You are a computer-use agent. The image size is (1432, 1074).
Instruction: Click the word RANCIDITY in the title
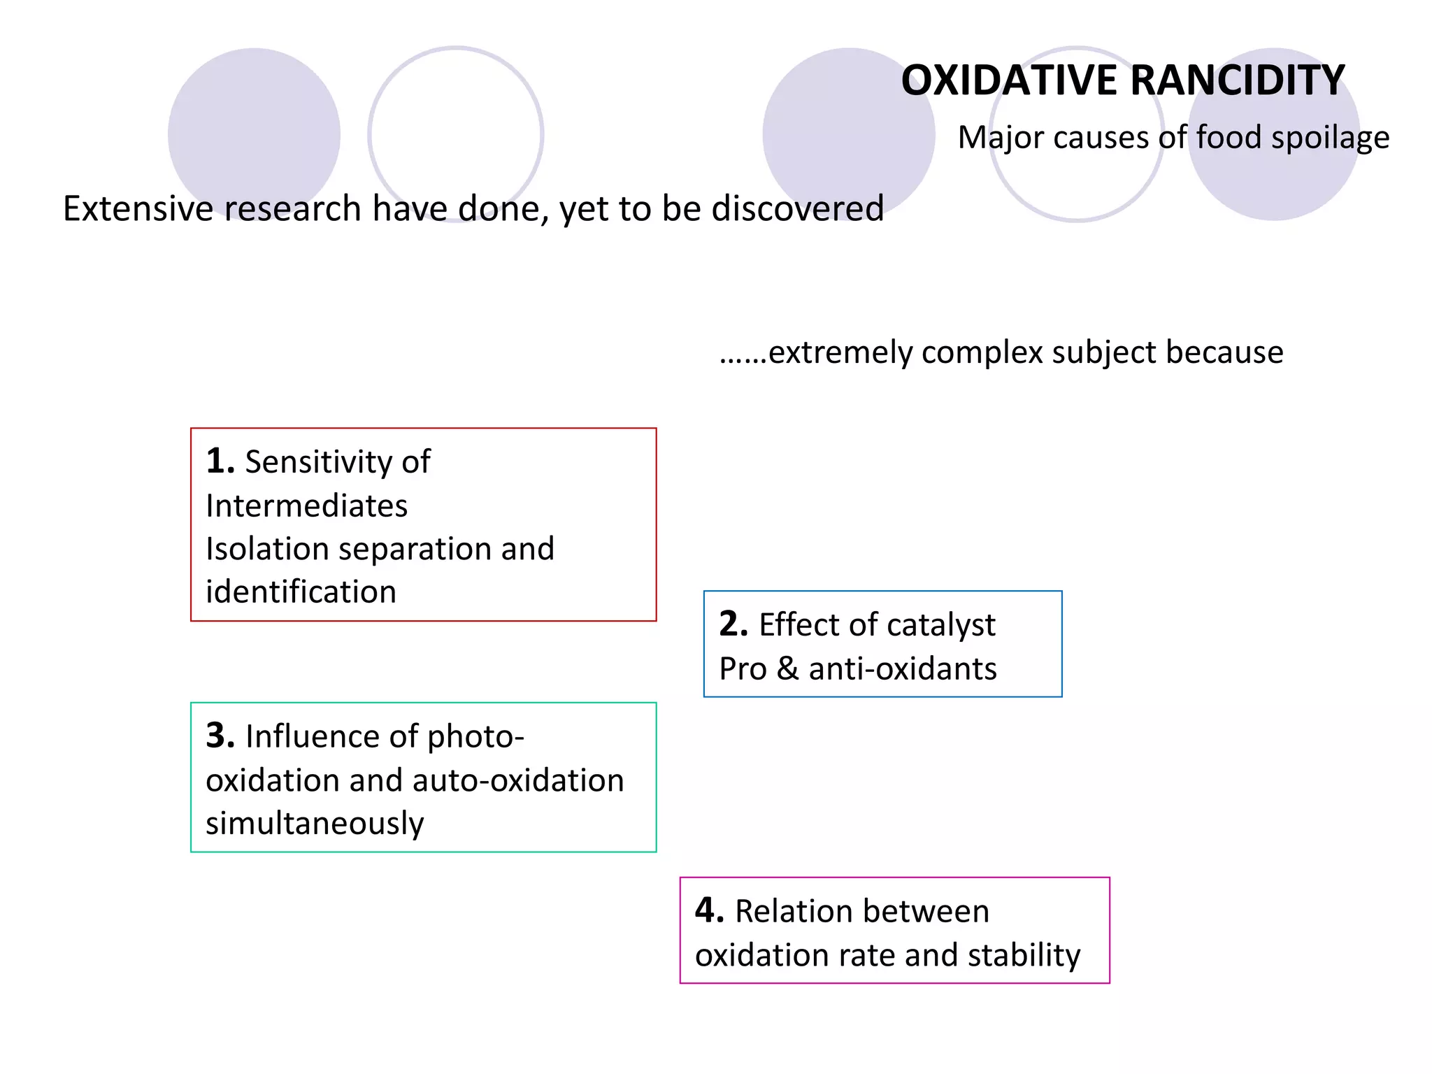tap(1237, 80)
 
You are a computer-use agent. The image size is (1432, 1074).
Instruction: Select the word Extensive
tap(138, 208)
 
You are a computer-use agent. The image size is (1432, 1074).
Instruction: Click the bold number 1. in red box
tap(220, 461)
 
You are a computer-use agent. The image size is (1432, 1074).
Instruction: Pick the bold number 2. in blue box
tap(733, 624)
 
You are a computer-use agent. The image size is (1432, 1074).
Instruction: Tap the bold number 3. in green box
tap(220, 736)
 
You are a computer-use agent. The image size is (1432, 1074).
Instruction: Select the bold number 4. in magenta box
tap(709, 910)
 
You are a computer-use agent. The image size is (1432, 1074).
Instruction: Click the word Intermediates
tap(306, 506)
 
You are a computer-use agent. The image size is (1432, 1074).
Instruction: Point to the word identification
tap(301, 592)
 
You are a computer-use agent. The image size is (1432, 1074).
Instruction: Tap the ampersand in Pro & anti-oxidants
tap(787, 669)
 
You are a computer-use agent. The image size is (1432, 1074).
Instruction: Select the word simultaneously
tap(315, 824)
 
